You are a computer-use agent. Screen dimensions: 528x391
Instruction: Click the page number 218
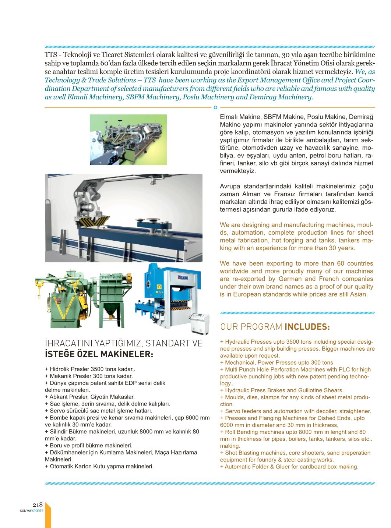click(38, 504)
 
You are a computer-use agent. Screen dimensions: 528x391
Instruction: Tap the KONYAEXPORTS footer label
click(32, 511)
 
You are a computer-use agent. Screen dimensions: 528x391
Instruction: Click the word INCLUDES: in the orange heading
click(307, 327)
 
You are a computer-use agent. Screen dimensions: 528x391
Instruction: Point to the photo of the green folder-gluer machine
click(128, 139)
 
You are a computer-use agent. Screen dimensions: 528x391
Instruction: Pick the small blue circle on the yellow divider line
click(215, 107)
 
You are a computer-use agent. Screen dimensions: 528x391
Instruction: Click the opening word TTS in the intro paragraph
click(51, 55)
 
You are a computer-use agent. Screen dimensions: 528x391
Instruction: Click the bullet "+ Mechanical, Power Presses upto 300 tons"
click(276, 362)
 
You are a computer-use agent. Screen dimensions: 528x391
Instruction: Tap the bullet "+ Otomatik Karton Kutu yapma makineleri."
click(99, 466)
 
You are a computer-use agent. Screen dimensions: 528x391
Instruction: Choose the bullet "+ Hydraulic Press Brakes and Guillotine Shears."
click(282, 390)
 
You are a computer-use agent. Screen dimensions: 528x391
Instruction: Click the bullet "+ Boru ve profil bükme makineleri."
click(89, 445)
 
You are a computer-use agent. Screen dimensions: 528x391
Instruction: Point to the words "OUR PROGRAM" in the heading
click(251, 327)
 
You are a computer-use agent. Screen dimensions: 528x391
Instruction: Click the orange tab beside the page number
click(48, 515)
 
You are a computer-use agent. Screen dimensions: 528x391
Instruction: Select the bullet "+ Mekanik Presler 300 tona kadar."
click(89, 376)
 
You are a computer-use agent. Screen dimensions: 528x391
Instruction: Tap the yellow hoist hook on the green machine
click(39, 291)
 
